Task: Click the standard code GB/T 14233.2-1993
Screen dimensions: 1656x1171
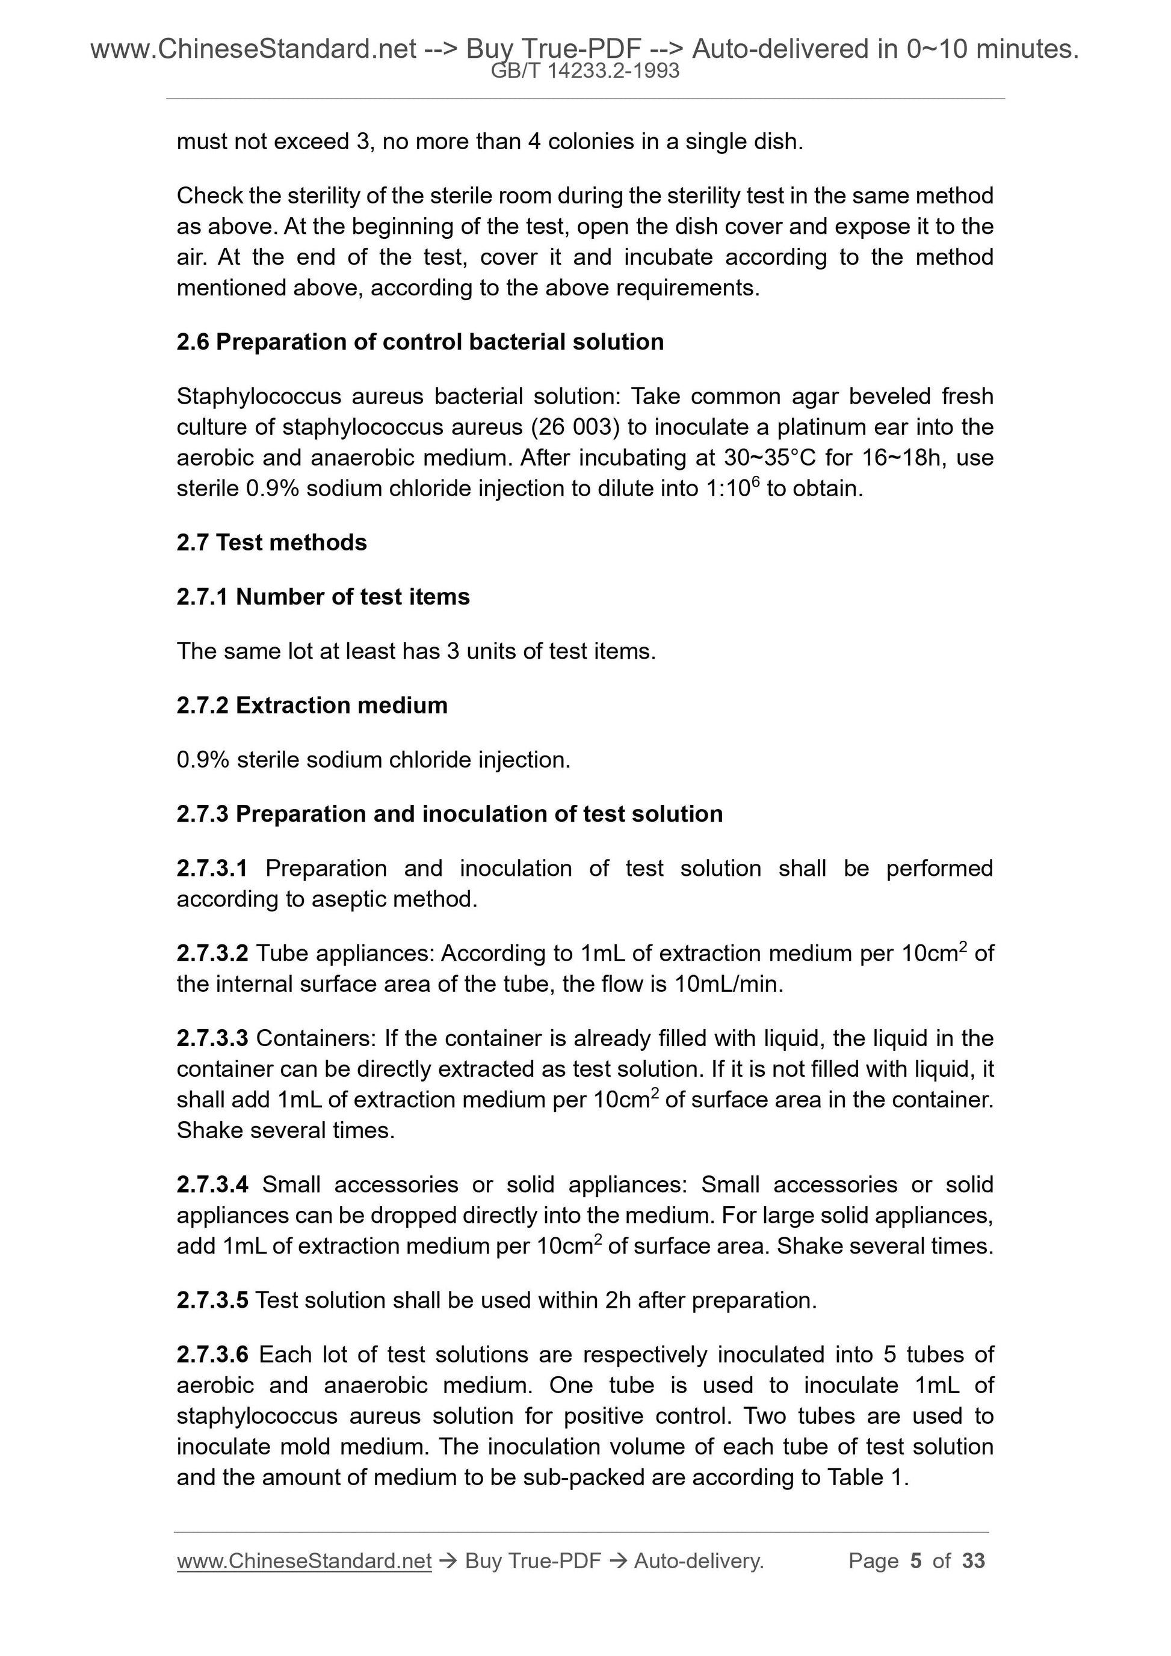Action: click(x=585, y=71)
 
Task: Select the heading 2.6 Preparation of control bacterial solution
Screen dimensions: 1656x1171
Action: click(x=420, y=342)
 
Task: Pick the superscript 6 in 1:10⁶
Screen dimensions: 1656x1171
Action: click(x=755, y=481)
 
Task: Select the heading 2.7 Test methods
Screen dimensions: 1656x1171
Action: click(x=271, y=543)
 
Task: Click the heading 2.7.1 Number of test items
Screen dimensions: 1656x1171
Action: click(x=323, y=597)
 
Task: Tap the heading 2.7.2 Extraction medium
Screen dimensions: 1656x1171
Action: click(x=312, y=706)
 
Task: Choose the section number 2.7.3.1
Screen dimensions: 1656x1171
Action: click(x=212, y=869)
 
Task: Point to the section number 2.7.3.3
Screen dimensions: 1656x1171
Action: click(x=212, y=1039)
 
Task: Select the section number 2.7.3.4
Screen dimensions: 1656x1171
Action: click(x=212, y=1184)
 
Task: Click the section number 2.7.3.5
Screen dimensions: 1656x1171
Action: click(x=212, y=1300)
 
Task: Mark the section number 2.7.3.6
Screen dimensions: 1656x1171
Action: click(x=212, y=1355)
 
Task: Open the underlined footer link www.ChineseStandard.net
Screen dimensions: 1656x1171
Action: click(x=304, y=1561)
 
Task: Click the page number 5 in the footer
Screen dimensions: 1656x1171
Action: click(x=916, y=1561)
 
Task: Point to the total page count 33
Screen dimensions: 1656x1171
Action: click(x=973, y=1561)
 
